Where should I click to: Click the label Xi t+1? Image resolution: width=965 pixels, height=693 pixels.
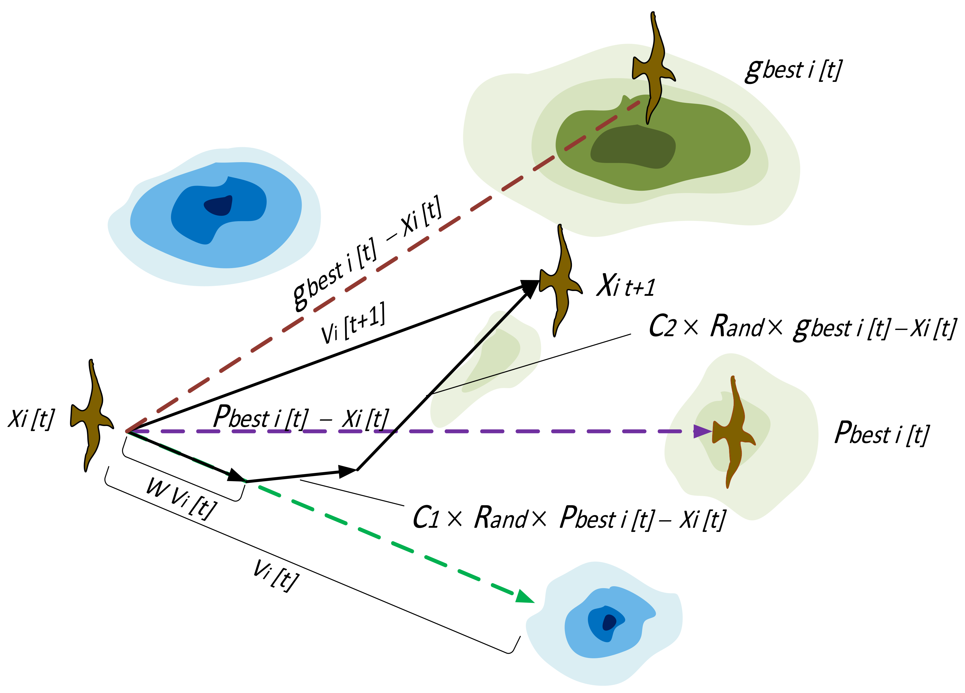click(x=626, y=285)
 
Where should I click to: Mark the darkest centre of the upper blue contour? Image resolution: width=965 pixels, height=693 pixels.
click(x=219, y=205)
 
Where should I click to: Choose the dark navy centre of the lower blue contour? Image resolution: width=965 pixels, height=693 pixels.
click(x=609, y=622)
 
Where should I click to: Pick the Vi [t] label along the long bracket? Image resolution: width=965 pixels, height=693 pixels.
click(x=276, y=575)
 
